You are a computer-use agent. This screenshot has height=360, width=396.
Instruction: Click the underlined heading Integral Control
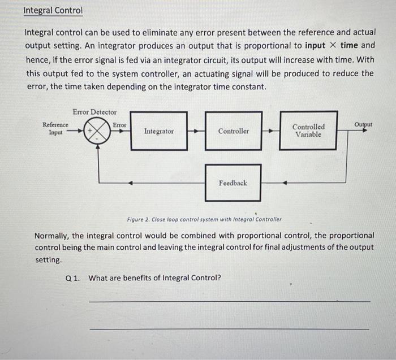pos(53,11)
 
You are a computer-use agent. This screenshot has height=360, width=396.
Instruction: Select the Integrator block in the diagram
pos(159,131)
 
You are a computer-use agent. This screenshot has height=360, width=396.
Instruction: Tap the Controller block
pos(233,131)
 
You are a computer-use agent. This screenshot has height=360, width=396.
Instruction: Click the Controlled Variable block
pos(308,131)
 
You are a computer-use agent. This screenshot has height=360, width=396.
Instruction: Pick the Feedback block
pos(233,183)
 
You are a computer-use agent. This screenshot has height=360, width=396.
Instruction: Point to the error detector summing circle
pos(98,131)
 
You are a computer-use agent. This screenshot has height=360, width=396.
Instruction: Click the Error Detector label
pos(94,112)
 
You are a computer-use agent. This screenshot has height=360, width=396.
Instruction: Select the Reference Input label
pos(55,128)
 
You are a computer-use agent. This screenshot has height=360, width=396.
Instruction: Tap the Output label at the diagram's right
pos(363,124)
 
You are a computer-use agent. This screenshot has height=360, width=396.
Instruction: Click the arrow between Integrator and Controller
pos(196,131)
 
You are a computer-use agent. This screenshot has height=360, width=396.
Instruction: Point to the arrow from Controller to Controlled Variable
pos(270,131)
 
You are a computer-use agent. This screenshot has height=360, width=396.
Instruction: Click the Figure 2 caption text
pos(204,219)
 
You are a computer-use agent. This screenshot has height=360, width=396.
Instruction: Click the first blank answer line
pos(229,302)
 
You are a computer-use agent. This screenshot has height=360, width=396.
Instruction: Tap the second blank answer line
pos(229,328)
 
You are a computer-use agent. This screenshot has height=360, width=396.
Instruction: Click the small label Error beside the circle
pos(119,124)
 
